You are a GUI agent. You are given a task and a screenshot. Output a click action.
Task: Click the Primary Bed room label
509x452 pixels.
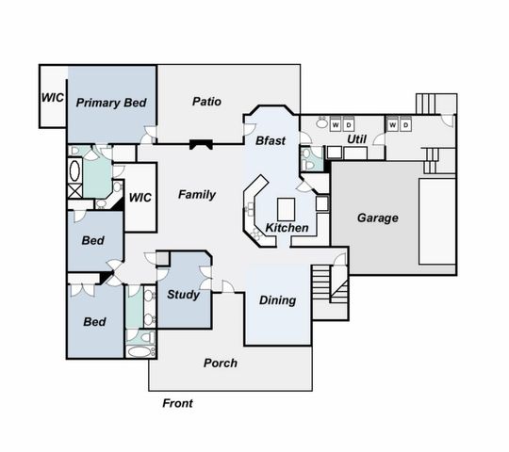(x=110, y=103)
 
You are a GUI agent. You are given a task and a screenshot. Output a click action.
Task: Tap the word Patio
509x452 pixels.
(x=206, y=101)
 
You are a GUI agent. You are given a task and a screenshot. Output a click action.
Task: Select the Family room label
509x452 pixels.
(x=197, y=195)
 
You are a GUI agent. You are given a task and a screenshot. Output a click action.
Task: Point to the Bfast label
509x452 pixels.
(x=271, y=140)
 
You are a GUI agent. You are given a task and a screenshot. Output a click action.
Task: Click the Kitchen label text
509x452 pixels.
(x=286, y=229)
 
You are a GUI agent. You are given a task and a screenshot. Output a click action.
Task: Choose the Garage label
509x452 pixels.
(x=377, y=218)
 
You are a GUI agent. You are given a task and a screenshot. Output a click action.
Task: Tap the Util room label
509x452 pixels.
(x=356, y=139)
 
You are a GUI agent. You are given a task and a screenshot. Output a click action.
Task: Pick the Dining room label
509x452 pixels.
(x=278, y=300)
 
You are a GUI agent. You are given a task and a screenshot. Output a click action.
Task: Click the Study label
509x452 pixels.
(x=183, y=295)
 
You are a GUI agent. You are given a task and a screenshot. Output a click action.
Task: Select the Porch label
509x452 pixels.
(x=221, y=363)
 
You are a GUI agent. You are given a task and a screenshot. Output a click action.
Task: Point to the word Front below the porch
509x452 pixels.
(x=177, y=403)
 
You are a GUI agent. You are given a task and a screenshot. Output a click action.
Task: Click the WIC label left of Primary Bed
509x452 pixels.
(x=51, y=97)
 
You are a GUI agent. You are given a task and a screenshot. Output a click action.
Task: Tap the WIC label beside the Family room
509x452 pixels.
(x=140, y=198)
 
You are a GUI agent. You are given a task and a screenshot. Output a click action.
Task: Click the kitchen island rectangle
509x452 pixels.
(x=286, y=207)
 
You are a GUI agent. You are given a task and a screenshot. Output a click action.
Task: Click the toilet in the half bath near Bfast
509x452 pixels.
(x=305, y=160)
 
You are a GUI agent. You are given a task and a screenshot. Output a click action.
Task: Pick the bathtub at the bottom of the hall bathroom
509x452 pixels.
(x=139, y=353)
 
